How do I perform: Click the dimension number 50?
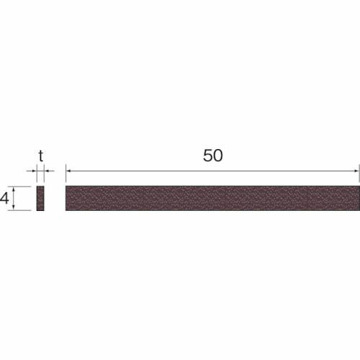coord(212,156)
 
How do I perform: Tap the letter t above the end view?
coord(41,155)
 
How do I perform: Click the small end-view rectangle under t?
coord(40,198)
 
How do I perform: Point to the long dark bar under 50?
coord(212,198)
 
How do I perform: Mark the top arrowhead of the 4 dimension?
coord(24,189)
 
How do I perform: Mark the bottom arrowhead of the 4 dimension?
coord(24,207)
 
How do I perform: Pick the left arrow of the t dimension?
coord(34,171)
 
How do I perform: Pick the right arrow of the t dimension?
coord(47,171)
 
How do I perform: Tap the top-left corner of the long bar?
coord(66,186)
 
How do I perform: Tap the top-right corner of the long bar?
coord(358,186)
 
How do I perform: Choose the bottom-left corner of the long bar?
coord(66,210)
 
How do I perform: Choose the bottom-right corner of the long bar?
coord(358,210)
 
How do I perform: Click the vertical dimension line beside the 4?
coord(24,198)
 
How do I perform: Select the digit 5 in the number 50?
coord(207,156)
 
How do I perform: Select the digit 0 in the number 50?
coord(217,156)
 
